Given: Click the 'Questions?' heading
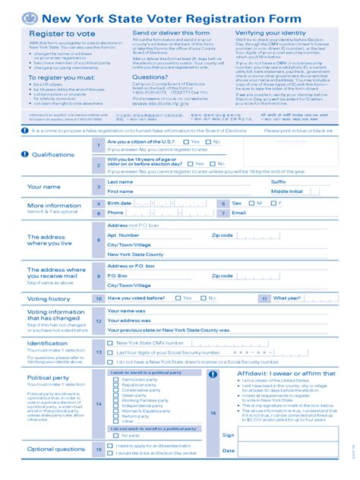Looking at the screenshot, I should (x=150, y=77).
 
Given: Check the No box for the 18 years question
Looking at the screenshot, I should (x=211, y=162).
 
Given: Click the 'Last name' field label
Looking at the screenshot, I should (x=120, y=182).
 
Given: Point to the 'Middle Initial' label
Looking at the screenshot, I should (x=287, y=191).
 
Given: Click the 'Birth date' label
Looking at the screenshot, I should (x=119, y=204).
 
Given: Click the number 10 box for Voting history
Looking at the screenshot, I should (x=98, y=299).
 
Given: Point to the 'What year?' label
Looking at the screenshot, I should (x=287, y=299).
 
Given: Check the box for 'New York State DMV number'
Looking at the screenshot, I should (x=111, y=343).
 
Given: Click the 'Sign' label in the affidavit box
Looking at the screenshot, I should (x=228, y=435).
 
